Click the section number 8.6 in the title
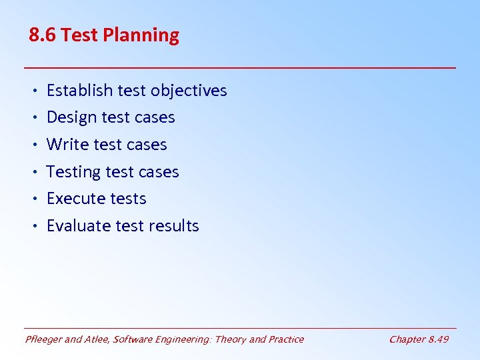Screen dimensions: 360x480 click(x=42, y=35)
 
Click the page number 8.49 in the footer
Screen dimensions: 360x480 click(x=438, y=339)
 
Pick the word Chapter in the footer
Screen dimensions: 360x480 click(x=407, y=339)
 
